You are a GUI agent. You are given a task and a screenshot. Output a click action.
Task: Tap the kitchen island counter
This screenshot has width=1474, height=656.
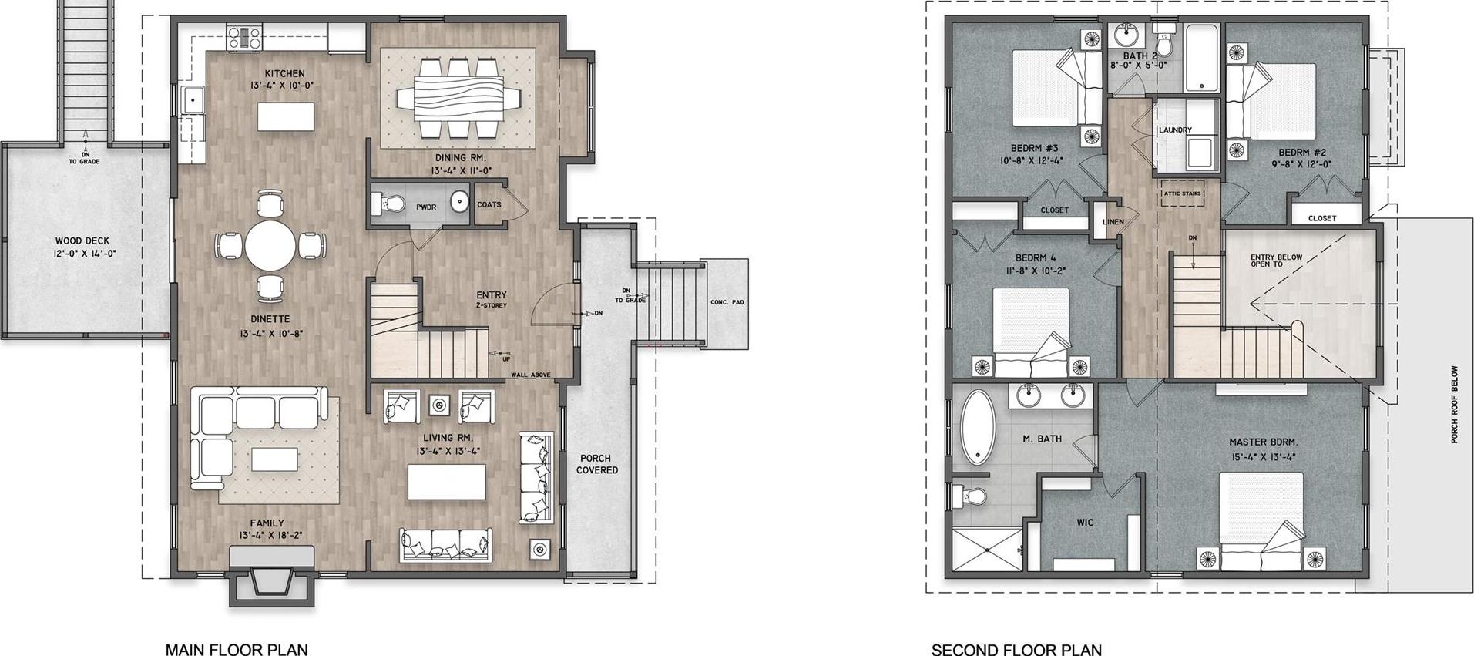pyautogui.click(x=287, y=117)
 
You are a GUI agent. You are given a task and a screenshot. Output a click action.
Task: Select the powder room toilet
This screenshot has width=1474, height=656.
pyautogui.click(x=388, y=204)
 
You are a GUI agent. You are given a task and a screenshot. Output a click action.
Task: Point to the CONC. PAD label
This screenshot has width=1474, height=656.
pyautogui.click(x=727, y=302)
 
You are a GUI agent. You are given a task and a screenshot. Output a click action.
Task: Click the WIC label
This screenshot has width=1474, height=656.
pyautogui.click(x=1085, y=523)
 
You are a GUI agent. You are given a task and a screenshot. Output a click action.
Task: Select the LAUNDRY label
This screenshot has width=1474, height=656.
pyautogui.click(x=1175, y=130)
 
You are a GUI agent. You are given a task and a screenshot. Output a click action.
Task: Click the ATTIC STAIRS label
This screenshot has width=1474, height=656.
pyautogui.click(x=1182, y=193)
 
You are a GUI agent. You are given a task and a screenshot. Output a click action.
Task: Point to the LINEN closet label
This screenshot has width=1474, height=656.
pyautogui.click(x=1113, y=222)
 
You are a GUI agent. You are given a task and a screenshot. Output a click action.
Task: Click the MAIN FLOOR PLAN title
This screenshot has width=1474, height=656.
pyautogui.click(x=237, y=649)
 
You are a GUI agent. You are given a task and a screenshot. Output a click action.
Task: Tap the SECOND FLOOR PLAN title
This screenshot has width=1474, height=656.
pyautogui.click(x=1016, y=650)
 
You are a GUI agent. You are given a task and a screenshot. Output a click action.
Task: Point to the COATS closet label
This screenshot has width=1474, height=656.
pyautogui.click(x=489, y=205)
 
